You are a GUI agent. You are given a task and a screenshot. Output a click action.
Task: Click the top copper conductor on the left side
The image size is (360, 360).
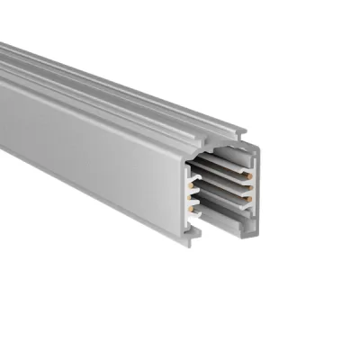tap(191, 177)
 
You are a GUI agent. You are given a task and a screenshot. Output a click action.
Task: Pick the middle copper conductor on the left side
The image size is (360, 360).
tap(191, 192)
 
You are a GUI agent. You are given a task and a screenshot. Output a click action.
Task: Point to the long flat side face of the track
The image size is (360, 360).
tap(90, 144)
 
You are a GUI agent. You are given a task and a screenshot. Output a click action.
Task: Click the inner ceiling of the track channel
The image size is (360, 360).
tap(220, 159)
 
